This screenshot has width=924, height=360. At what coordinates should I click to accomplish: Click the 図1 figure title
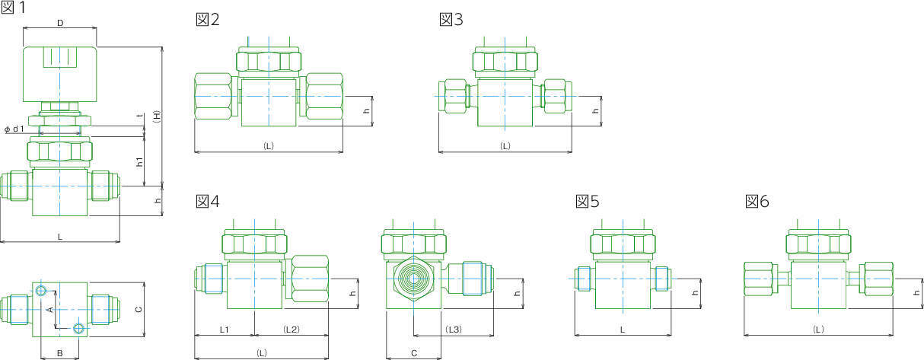point(13,7)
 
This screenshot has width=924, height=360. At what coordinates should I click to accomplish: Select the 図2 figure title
point(208,19)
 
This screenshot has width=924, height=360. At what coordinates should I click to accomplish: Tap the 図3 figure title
point(451,19)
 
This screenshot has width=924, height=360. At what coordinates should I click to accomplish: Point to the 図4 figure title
point(208,201)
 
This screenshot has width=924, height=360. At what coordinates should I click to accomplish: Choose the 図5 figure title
point(587,201)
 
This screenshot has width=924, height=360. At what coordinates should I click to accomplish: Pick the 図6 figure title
point(757,201)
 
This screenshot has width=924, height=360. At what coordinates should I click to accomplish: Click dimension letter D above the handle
point(60,23)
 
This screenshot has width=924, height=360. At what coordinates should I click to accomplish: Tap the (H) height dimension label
point(156,116)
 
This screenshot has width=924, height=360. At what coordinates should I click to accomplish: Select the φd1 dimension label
point(14,129)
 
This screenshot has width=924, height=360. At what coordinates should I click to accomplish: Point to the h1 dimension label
point(140,161)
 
